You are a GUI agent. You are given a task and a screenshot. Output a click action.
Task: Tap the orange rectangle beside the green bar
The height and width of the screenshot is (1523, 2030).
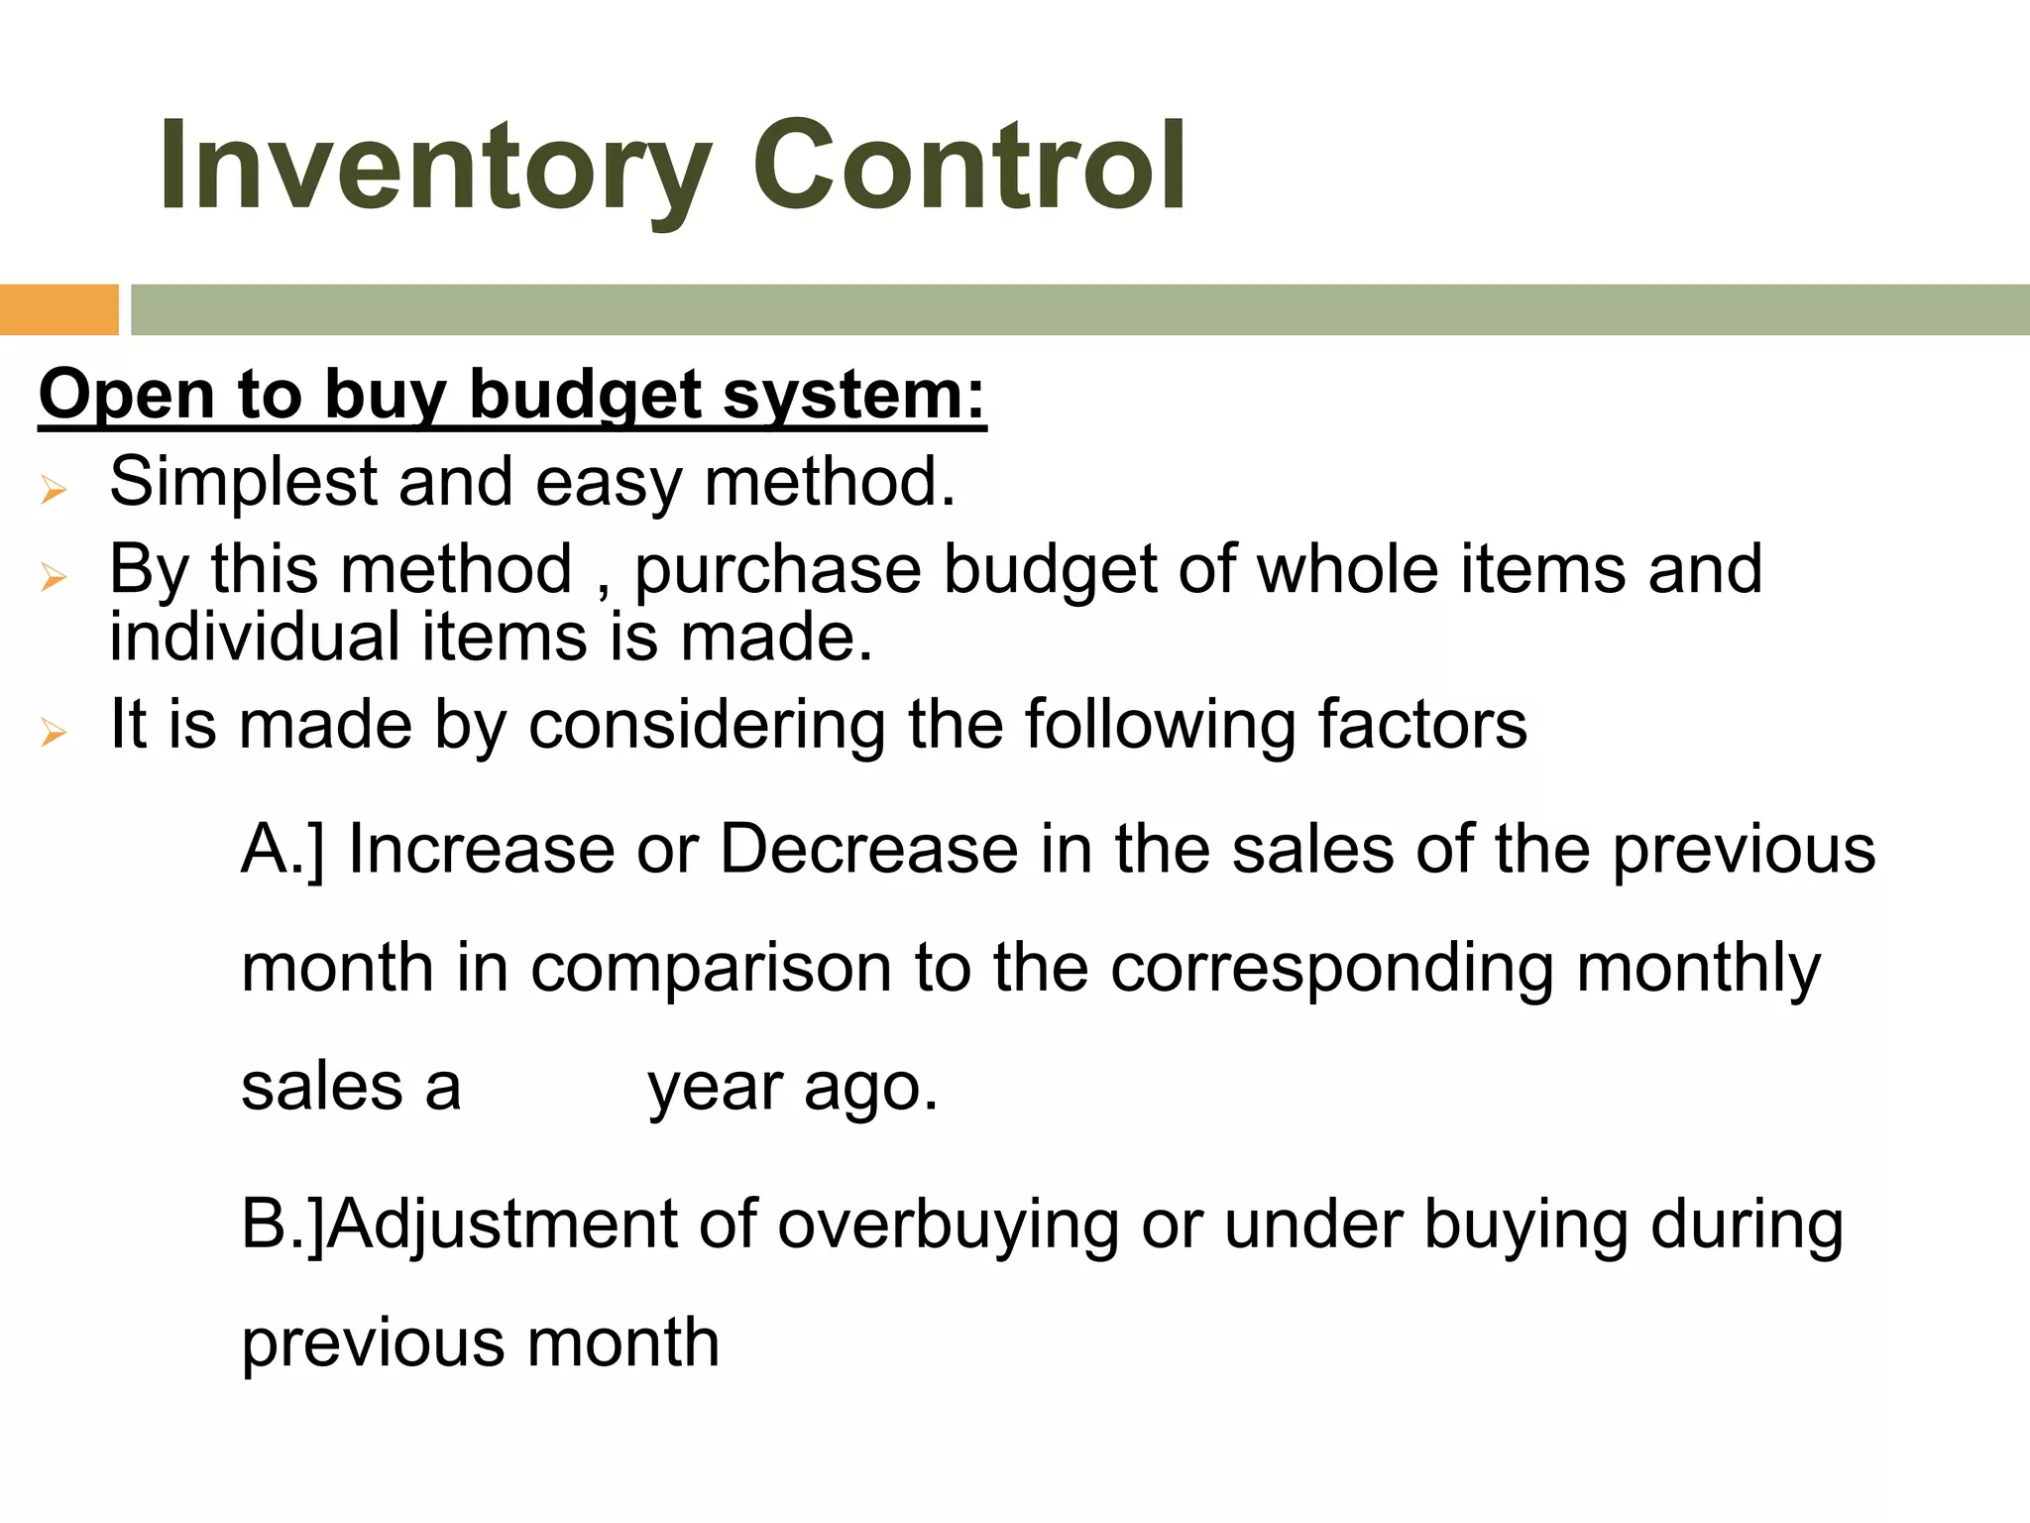(58, 309)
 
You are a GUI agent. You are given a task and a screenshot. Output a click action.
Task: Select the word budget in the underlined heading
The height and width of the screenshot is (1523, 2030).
(586, 396)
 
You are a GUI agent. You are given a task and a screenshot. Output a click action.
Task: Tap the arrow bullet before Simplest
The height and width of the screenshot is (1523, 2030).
(54, 490)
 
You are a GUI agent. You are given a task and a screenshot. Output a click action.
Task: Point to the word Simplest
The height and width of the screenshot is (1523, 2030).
(244, 483)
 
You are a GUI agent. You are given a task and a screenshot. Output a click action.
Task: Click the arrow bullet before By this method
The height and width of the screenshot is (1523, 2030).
(54, 577)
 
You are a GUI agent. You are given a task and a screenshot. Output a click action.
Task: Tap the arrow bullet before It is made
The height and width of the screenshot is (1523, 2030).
(54, 734)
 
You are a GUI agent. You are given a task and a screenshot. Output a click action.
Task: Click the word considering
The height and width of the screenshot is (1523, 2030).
(707, 726)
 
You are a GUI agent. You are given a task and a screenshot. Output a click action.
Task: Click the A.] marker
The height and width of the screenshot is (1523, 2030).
(282, 850)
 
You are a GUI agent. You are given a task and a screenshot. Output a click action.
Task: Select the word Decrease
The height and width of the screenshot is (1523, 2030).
(868, 850)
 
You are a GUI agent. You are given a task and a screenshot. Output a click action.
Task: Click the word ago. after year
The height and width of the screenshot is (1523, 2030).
(870, 1089)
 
